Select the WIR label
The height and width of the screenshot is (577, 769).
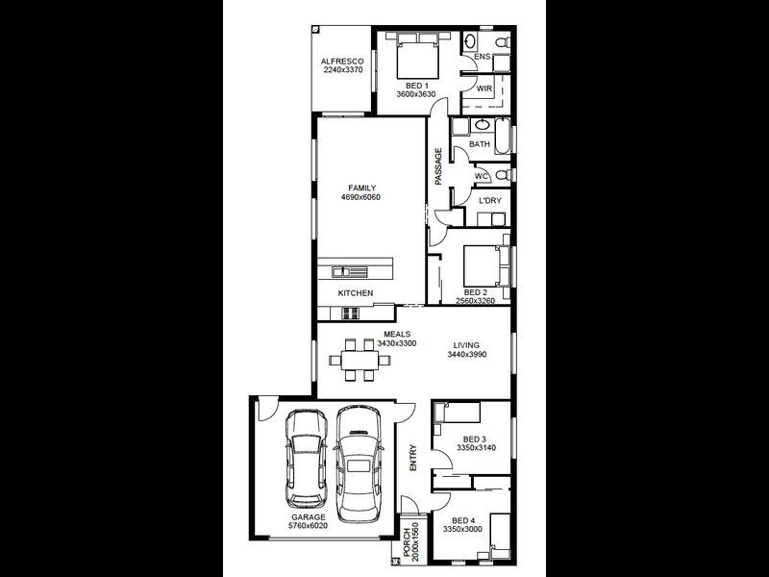point(484,88)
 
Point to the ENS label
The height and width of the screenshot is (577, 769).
point(483,58)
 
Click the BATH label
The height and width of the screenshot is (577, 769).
point(480,144)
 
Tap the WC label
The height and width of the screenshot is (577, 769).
point(483,176)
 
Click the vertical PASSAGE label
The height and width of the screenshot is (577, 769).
point(438,166)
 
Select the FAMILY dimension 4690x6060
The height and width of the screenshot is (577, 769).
point(361,197)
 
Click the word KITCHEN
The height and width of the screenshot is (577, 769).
point(355,293)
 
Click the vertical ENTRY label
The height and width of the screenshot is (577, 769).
point(413,457)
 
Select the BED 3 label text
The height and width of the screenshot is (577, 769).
point(475,439)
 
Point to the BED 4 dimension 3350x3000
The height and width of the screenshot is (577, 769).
point(462,529)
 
